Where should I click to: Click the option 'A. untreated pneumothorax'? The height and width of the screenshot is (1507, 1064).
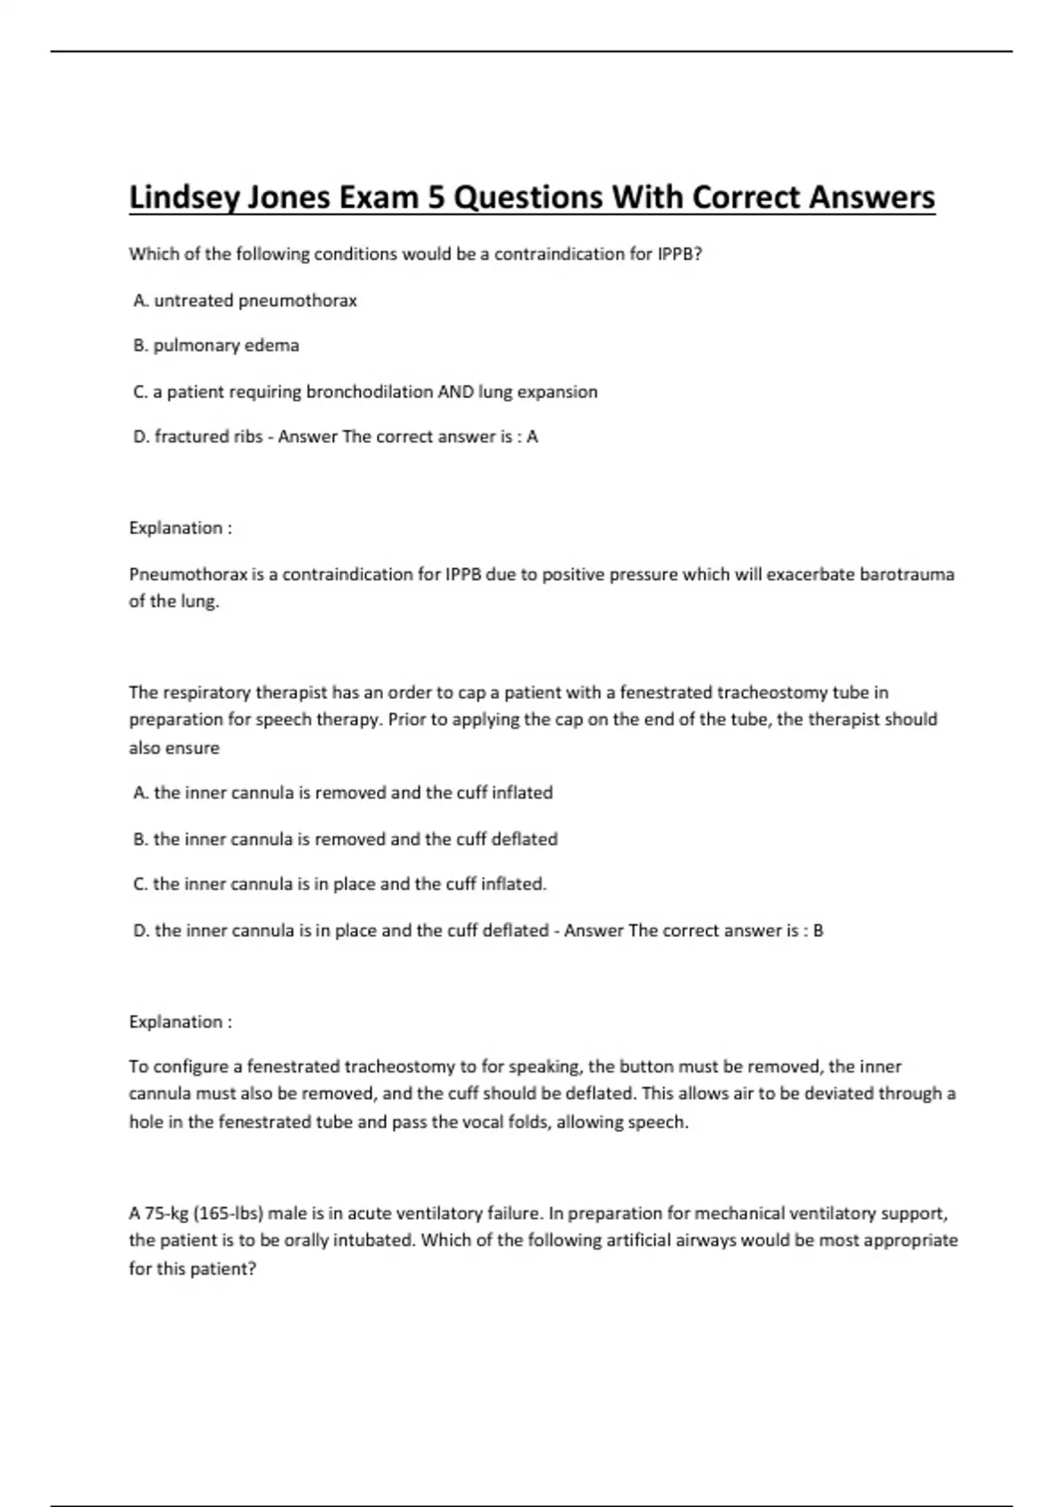click(x=245, y=301)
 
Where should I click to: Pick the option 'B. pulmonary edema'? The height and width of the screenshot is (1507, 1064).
click(x=215, y=346)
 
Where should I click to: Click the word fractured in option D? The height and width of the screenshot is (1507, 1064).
click(x=187, y=437)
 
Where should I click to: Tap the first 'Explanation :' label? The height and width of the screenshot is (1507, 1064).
click(x=181, y=528)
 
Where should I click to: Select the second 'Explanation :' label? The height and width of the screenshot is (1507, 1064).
click(x=181, y=1022)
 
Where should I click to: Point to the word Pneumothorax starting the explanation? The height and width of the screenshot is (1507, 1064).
click(x=188, y=574)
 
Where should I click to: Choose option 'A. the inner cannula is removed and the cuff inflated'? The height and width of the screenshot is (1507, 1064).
click(x=342, y=793)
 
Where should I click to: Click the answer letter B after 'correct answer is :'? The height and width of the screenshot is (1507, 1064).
click(x=818, y=931)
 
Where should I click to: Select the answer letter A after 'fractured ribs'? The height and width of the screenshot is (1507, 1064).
click(x=532, y=437)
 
